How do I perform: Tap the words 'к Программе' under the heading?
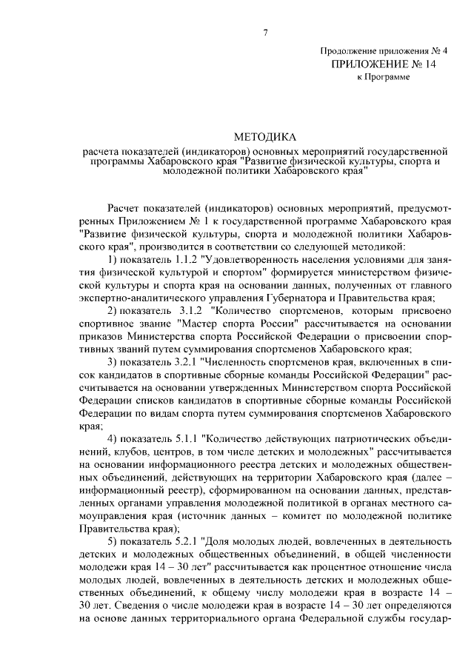(x=383, y=77)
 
